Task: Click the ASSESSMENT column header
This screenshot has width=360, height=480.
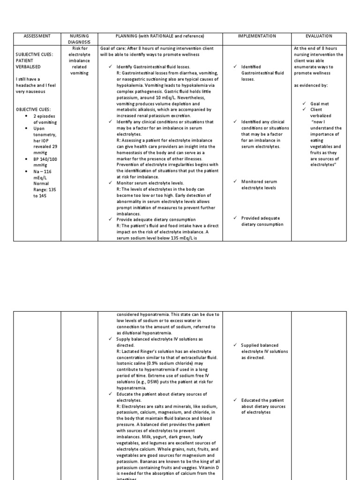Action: pyautogui.click(x=37, y=36)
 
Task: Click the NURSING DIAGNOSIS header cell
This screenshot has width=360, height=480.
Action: pyautogui.click(x=79, y=38)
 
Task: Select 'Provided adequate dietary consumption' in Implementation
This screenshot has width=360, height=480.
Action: pyautogui.click(x=262, y=221)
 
